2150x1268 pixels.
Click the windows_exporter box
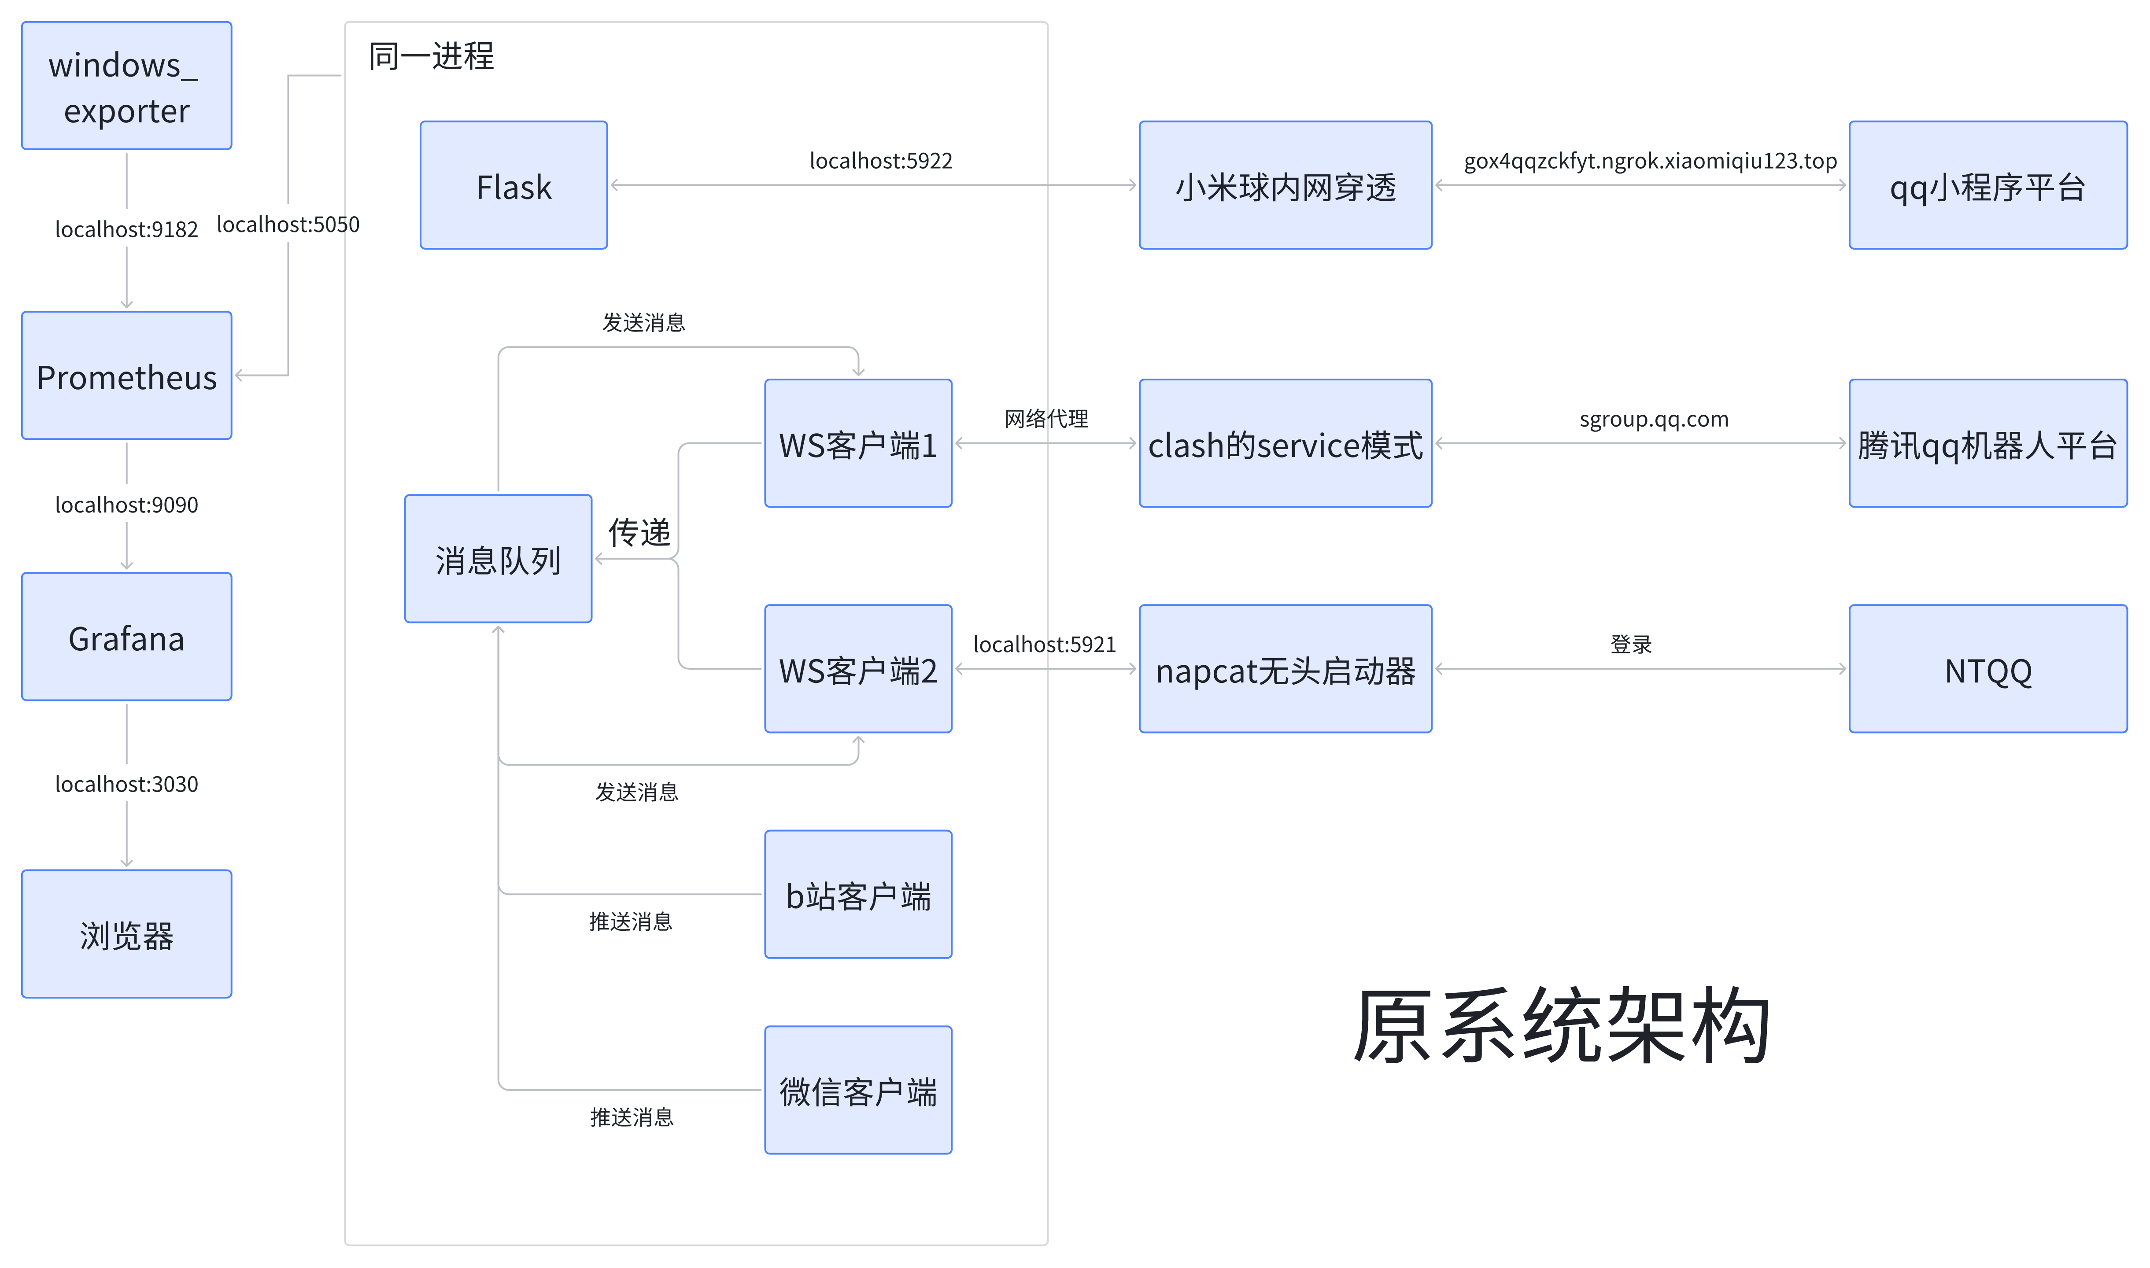pos(126,85)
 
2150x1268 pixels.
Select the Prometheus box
pos(126,376)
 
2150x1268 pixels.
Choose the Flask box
pos(513,185)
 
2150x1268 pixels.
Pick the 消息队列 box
pos(498,559)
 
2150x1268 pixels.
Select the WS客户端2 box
pos(858,669)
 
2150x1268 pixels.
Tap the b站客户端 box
pos(858,895)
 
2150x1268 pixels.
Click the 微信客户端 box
pos(858,1090)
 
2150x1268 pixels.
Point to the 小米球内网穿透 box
pos(1285,185)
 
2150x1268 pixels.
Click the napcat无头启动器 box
pos(1285,669)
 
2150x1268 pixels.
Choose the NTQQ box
pos(1987,669)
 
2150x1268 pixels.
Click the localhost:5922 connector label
pos(880,161)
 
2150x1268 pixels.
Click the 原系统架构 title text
pos(1562,1025)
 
